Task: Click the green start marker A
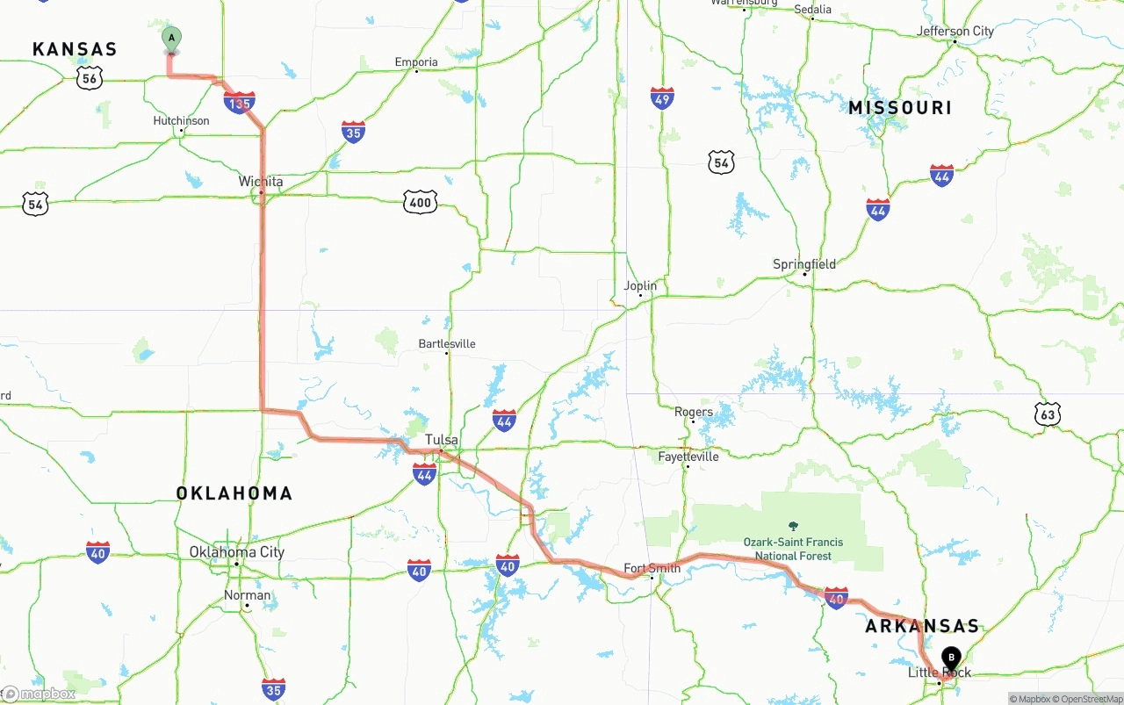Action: point(171,39)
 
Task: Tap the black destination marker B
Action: point(951,658)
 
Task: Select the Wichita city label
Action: point(261,182)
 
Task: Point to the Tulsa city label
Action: point(442,439)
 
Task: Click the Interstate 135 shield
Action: point(240,103)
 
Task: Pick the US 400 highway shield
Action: point(421,203)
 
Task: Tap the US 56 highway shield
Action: point(89,78)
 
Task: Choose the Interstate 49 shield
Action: point(662,97)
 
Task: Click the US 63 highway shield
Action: point(1047,414)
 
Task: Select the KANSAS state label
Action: point(75,49)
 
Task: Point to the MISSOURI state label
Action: point(900,108)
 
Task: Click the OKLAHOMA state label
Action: point(234,493)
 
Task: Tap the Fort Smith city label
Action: point(652,568)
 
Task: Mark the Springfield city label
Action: point(804,264)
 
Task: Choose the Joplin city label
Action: point(640,285)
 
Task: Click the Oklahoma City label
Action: point(237,552)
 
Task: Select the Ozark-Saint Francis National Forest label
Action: point(793,549)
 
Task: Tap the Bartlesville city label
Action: point(447,343)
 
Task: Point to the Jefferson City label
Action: point(955,32)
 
